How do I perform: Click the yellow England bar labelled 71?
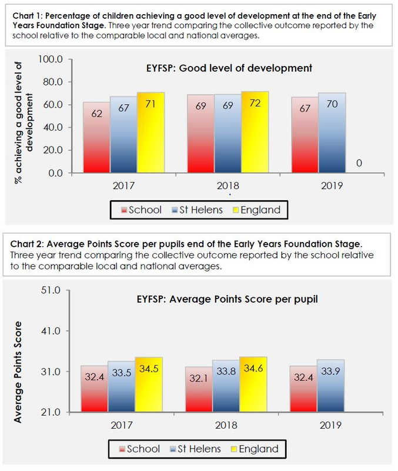(x=151, y=132)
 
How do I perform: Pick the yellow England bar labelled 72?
(x=255, y=132)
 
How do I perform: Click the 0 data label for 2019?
(x=359, y=163)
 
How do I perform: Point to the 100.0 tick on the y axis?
(x=51, y=59)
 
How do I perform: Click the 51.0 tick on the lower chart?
(x=51, y=290)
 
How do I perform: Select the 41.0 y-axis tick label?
(x=51, y=331)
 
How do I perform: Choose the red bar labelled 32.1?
(x=198, y=389)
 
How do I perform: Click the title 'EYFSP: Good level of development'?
(x=229, y=68)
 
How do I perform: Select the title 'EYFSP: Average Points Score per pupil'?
(x=223, y=299)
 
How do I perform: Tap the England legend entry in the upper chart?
(x=256, y=210)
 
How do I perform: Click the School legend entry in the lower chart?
(x=139, y=449)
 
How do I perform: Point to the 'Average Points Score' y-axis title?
(x=18, y=372)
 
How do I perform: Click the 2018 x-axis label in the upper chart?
(x=228, y=187)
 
